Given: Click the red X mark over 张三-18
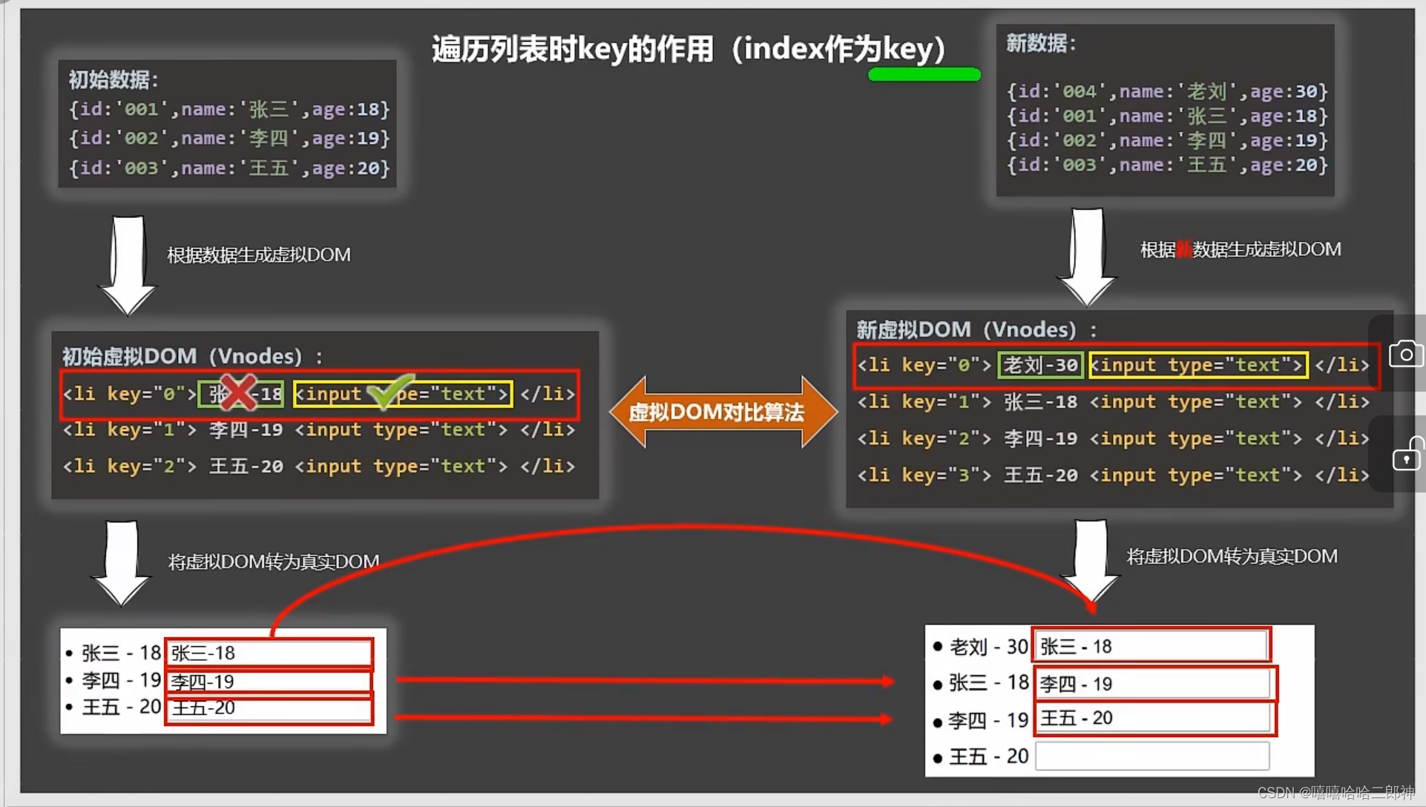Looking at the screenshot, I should (238, 392).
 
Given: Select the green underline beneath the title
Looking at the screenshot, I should (924, 74).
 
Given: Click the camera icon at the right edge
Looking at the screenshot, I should (1405, 354).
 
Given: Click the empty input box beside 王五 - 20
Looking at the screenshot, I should (1152, 757).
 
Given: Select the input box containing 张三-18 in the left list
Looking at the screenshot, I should (269, 653).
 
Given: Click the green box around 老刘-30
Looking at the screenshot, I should (1040, 365).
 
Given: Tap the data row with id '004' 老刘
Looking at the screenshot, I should (1166, 91).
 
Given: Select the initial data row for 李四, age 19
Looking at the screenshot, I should (229, 139).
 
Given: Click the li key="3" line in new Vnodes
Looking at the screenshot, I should (1113, 475).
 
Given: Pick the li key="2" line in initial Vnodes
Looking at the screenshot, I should (319, 467).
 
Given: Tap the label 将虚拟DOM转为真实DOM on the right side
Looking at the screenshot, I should (1232, 556).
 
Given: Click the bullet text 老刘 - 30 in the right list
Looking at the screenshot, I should (988, 648).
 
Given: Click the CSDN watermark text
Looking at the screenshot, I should (1335, 793).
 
